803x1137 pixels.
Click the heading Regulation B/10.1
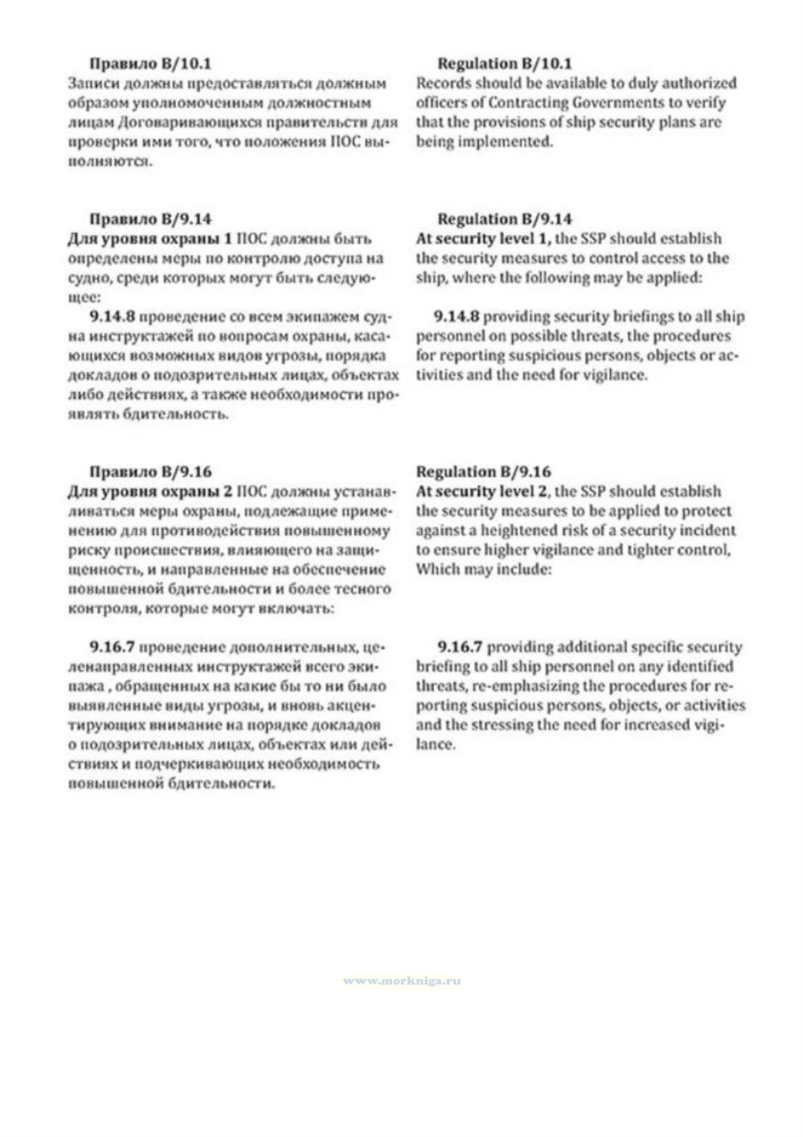coord(504,64)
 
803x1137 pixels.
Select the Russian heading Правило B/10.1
coord(150,64)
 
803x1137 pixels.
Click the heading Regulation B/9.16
coord(483,472)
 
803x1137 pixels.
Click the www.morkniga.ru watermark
coord(401,981)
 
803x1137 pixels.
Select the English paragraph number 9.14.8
coord(456,316)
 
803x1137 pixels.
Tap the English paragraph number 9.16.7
coord(460,647)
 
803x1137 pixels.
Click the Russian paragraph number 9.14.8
coord(113,316)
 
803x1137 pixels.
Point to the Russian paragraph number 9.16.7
coord(113,647)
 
